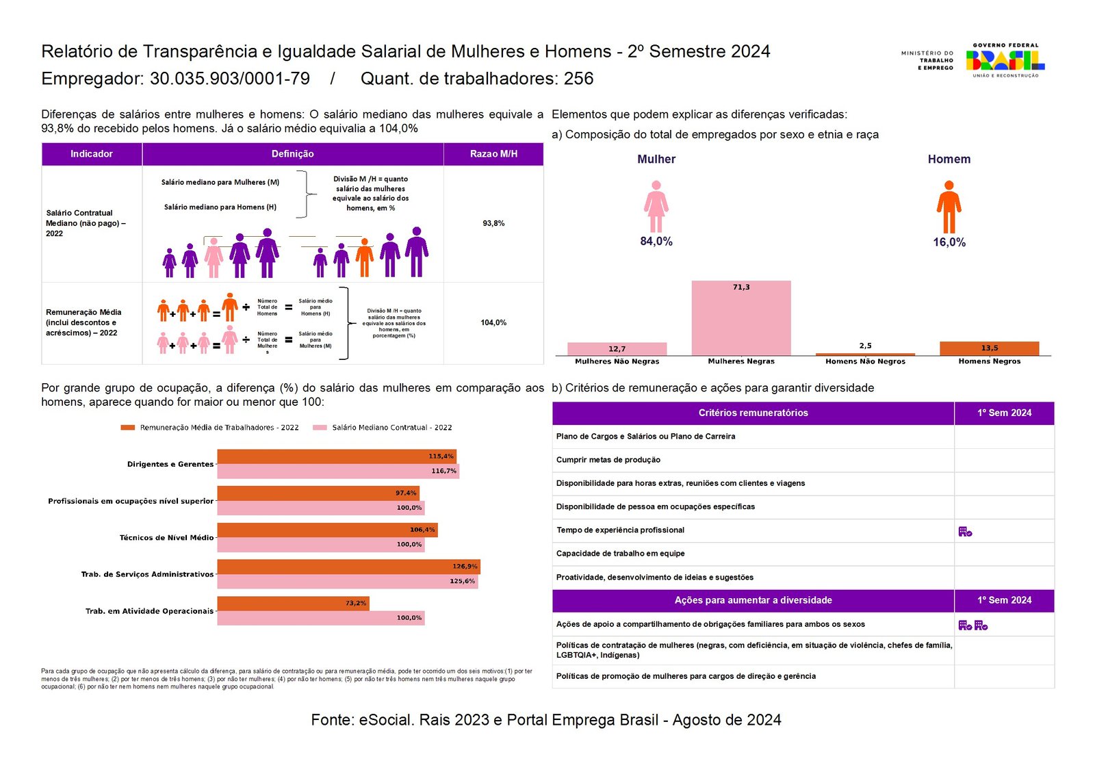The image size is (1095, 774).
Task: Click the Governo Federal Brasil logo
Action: [x=1005, y=60]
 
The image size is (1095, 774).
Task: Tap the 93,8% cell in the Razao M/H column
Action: [x=493, y=223]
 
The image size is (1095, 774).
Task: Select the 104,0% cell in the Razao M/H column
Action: [x=493, y=322]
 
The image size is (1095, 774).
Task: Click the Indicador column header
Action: [x=92, y=154]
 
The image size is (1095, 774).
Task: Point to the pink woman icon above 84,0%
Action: [x=656, y=206]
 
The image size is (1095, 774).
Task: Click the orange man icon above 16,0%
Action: [x=949, y=207]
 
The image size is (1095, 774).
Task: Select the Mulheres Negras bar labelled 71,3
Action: [x=741, y=318]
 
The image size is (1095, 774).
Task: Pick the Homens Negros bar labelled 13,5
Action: [x=989, y=348]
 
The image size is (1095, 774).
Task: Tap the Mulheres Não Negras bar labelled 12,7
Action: [x=617, y=348]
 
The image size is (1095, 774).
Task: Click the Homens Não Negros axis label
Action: [x=865, y=361]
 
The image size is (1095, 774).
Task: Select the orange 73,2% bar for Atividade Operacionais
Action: [x=293, y=603]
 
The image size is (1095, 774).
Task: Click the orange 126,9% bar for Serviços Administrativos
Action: [x=348, y=566]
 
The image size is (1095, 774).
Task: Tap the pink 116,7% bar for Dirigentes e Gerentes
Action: [x=338, y=471]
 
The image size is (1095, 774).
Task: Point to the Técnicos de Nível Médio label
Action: [x=166, y=538]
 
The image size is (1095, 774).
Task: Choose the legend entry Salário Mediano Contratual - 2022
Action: [x=391, y=428]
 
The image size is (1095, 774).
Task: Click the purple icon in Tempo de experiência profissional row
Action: [x=965, y=531]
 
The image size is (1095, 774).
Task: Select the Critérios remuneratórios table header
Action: [x=753, y=413]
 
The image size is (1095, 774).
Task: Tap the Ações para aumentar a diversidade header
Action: [x=753, y=600]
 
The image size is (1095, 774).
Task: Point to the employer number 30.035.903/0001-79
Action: [x=230, y=79]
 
